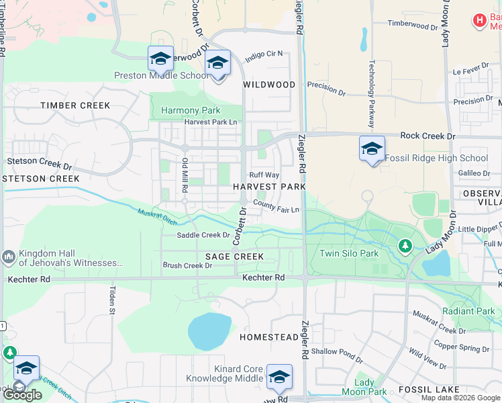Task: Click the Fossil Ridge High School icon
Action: (372, 149)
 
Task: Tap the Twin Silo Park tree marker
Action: (405, 246)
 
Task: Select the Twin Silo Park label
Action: (349, 253)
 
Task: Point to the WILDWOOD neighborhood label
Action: (269, 85)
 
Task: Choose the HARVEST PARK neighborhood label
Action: (269, 186)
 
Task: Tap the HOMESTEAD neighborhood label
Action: (268, 337)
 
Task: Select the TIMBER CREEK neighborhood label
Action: (74, 105)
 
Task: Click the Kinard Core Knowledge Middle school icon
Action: (279, 377)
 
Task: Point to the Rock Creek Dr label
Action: (428, 136)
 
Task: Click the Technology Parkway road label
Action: (371, 94)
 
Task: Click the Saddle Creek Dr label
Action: (203, 235)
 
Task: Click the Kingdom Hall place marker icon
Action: (9, 256)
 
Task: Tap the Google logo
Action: (22, 395)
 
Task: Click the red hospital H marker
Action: (479, 21)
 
